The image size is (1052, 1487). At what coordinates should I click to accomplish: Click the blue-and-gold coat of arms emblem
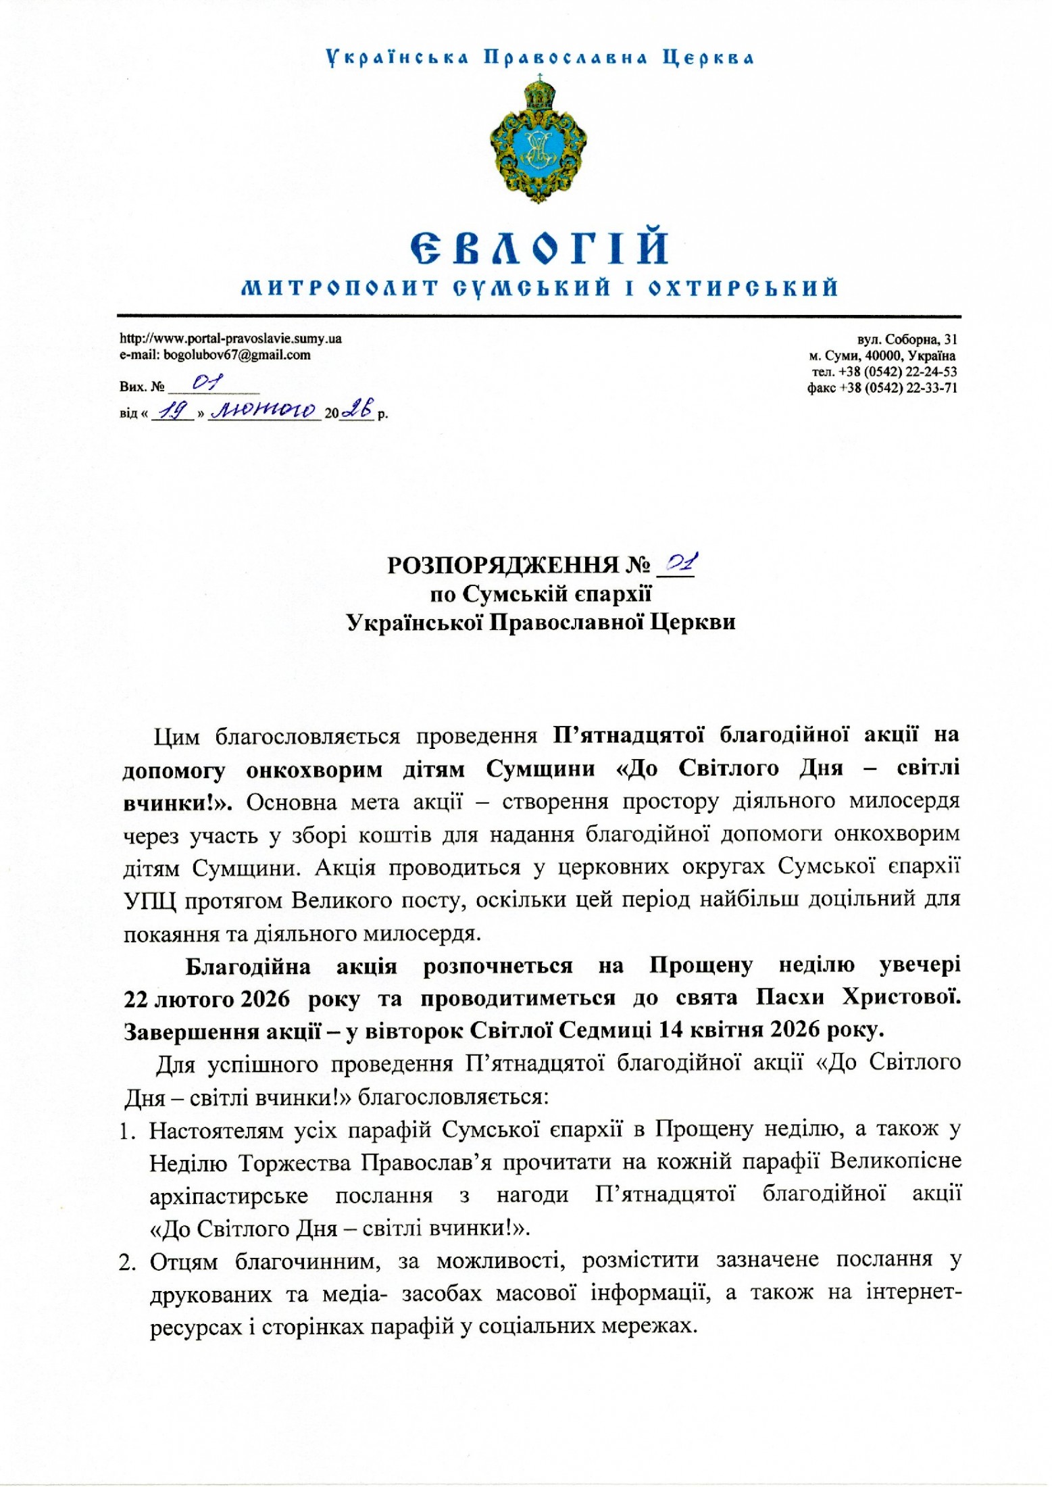538,141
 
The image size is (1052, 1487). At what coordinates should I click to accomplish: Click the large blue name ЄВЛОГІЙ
538,248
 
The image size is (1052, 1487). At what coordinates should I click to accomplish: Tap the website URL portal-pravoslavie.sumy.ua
230,339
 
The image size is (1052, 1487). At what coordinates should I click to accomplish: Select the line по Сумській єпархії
541,593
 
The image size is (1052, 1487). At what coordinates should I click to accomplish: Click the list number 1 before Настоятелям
126,1131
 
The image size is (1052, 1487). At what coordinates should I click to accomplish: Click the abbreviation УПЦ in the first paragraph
149,902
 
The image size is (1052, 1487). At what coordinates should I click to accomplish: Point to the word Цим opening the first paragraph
177,737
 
